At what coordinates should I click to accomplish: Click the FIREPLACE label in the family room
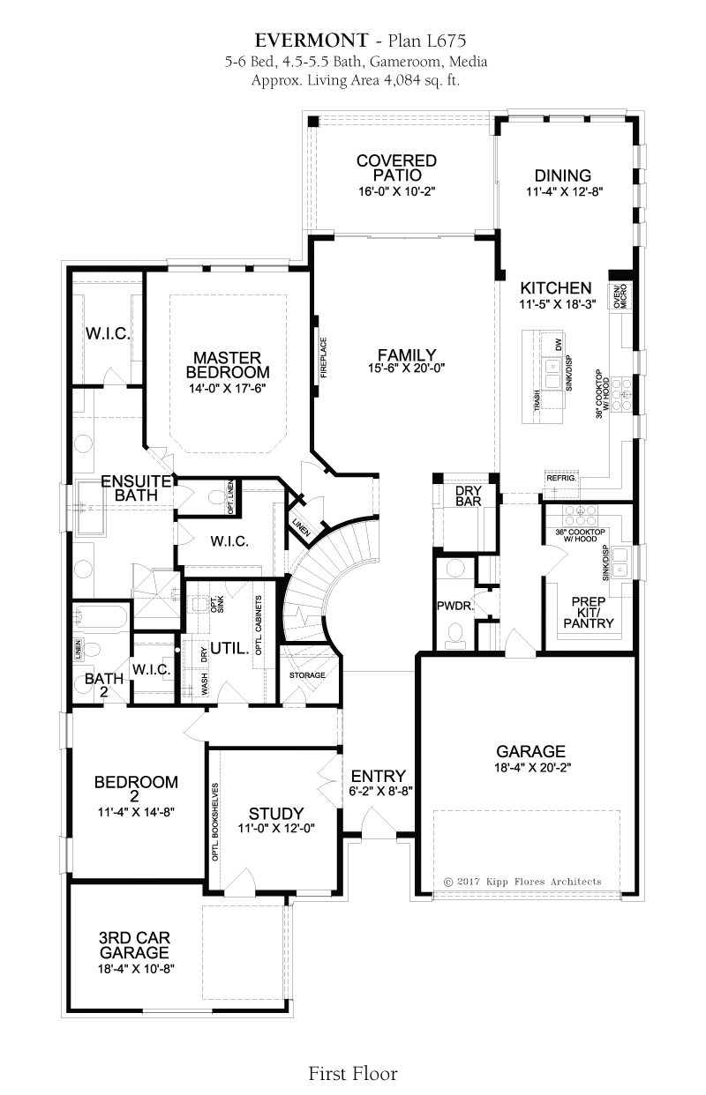tap(323, 357)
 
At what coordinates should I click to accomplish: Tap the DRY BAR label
tap(469, 495)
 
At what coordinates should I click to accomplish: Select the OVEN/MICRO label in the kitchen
tap(620, 296)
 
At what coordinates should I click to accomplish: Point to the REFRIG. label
tap(561, 478)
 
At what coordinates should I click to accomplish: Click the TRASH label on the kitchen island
tap(537, 399)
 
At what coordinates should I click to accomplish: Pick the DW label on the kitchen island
tap(559, 345)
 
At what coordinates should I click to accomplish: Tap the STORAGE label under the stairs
tap(307, 675)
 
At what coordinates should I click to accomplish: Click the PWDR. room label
tap(455, 607)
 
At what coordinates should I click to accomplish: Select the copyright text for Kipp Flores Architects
tap(522, 882)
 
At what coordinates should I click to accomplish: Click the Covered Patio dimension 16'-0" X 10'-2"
tap(397, 190)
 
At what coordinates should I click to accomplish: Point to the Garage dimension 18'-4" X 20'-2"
tap(532, 767)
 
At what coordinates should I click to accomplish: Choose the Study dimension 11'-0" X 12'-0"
tap(276, 828)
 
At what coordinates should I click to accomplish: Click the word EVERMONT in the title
tap(312, 41)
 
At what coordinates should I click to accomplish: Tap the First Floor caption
tap(353, 1073)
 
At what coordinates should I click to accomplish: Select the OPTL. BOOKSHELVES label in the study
tap(214, 823)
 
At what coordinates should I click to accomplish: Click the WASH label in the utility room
tap(204, 684)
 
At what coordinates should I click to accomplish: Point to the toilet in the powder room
tap(456, 634)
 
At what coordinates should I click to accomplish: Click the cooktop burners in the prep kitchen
tap(581, 515)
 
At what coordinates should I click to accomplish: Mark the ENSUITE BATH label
tap(137, 488)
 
